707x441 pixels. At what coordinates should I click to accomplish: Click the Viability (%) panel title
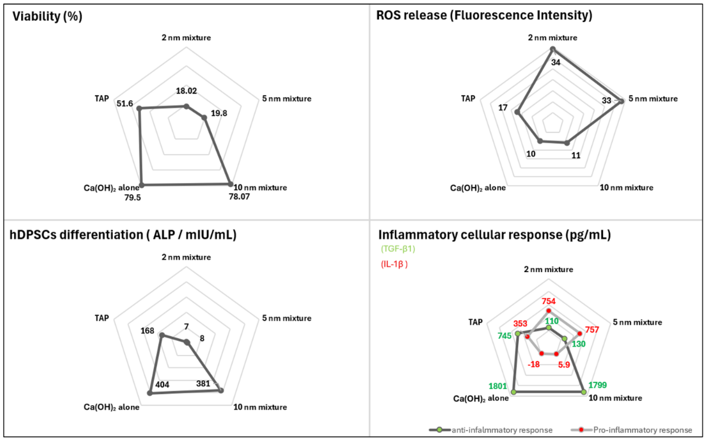coord(47,16)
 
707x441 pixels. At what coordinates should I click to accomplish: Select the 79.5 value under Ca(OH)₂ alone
coord(132,198)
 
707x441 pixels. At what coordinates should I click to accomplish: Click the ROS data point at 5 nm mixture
coord(621,101)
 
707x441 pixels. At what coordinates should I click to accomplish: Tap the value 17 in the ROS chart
coord(503,108)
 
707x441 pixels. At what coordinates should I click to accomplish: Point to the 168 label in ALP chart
coord(147,331)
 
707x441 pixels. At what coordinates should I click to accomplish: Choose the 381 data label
coord(203,383)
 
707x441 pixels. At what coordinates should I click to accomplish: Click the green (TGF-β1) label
coord(398,249)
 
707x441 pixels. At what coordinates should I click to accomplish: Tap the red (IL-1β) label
coord(394,264)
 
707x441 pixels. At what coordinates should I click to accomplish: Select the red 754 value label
coord(548,301)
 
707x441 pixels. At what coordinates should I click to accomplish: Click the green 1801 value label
coord(498,386)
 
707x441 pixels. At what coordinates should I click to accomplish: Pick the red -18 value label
coord(533,364)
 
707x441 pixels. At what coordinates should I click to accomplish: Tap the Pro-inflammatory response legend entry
coord(642,430)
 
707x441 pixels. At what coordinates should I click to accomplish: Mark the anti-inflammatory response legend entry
coord(501,430)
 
